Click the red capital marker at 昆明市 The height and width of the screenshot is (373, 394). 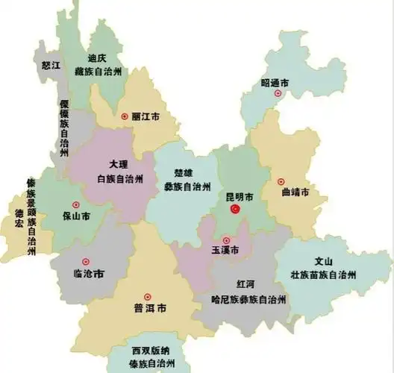click(x=234, y=211)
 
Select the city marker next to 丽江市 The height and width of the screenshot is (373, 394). click(x=124, y=116)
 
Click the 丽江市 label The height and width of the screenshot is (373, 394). click(x=145, y=117)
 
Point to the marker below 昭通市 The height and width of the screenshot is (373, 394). click(x=278, y=94)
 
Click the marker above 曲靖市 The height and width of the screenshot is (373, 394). click(x=281, y=181)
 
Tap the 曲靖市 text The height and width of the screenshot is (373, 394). click(x=295, y=193)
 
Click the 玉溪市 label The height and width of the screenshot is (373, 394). click(x=225, y=252)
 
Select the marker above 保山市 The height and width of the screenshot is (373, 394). click(x=75, y=205)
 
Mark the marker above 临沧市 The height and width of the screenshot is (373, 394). click(x=86, y=261)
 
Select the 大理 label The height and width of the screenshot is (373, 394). click(x=119, y=164)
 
